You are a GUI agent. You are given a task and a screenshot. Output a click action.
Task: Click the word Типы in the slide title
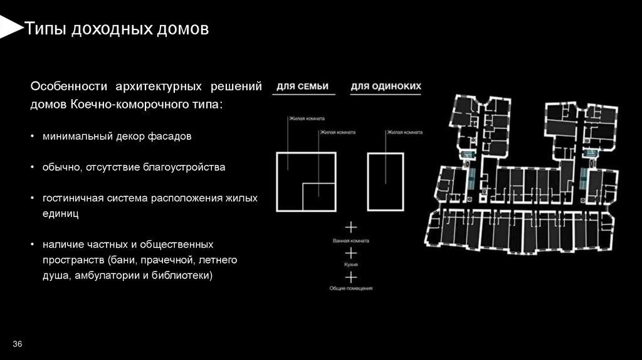44,29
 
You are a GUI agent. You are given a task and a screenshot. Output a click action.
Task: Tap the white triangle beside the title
9,27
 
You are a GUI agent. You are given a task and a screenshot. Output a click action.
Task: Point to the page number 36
17,344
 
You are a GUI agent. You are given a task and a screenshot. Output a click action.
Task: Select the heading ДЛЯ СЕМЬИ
303,86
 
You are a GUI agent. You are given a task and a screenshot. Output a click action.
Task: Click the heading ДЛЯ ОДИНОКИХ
386,86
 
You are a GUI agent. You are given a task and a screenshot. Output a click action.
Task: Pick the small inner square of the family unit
318,197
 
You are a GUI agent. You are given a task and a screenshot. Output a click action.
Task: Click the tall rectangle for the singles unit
385,182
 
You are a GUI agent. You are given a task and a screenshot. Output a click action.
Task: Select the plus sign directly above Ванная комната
351,227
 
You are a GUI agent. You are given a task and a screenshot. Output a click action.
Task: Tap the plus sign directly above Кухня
351,253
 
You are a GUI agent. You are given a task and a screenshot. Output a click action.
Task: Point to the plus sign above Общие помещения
351,276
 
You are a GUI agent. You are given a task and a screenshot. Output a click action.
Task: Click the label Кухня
351,265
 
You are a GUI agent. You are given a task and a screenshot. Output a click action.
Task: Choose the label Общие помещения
351,288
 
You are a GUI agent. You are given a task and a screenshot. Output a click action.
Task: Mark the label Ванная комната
351,241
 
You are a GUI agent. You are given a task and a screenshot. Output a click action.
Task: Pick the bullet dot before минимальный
33,135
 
